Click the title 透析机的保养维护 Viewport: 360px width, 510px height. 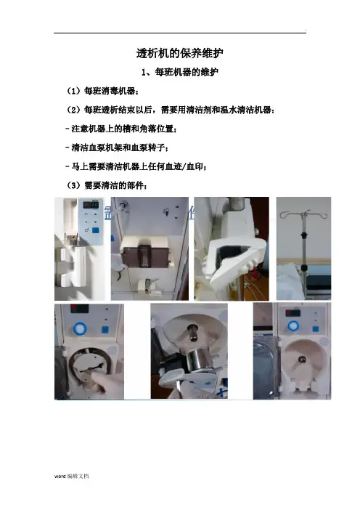180,53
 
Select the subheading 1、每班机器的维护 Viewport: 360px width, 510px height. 180,72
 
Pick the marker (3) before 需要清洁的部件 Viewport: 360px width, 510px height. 73,186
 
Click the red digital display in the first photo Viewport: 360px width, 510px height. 91,206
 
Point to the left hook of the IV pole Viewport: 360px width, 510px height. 285,214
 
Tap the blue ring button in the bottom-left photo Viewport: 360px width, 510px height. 79,328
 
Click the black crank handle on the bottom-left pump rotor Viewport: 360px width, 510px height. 91,368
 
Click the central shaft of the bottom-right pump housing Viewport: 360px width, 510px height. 302,360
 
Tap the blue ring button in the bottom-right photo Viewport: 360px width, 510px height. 293,325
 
